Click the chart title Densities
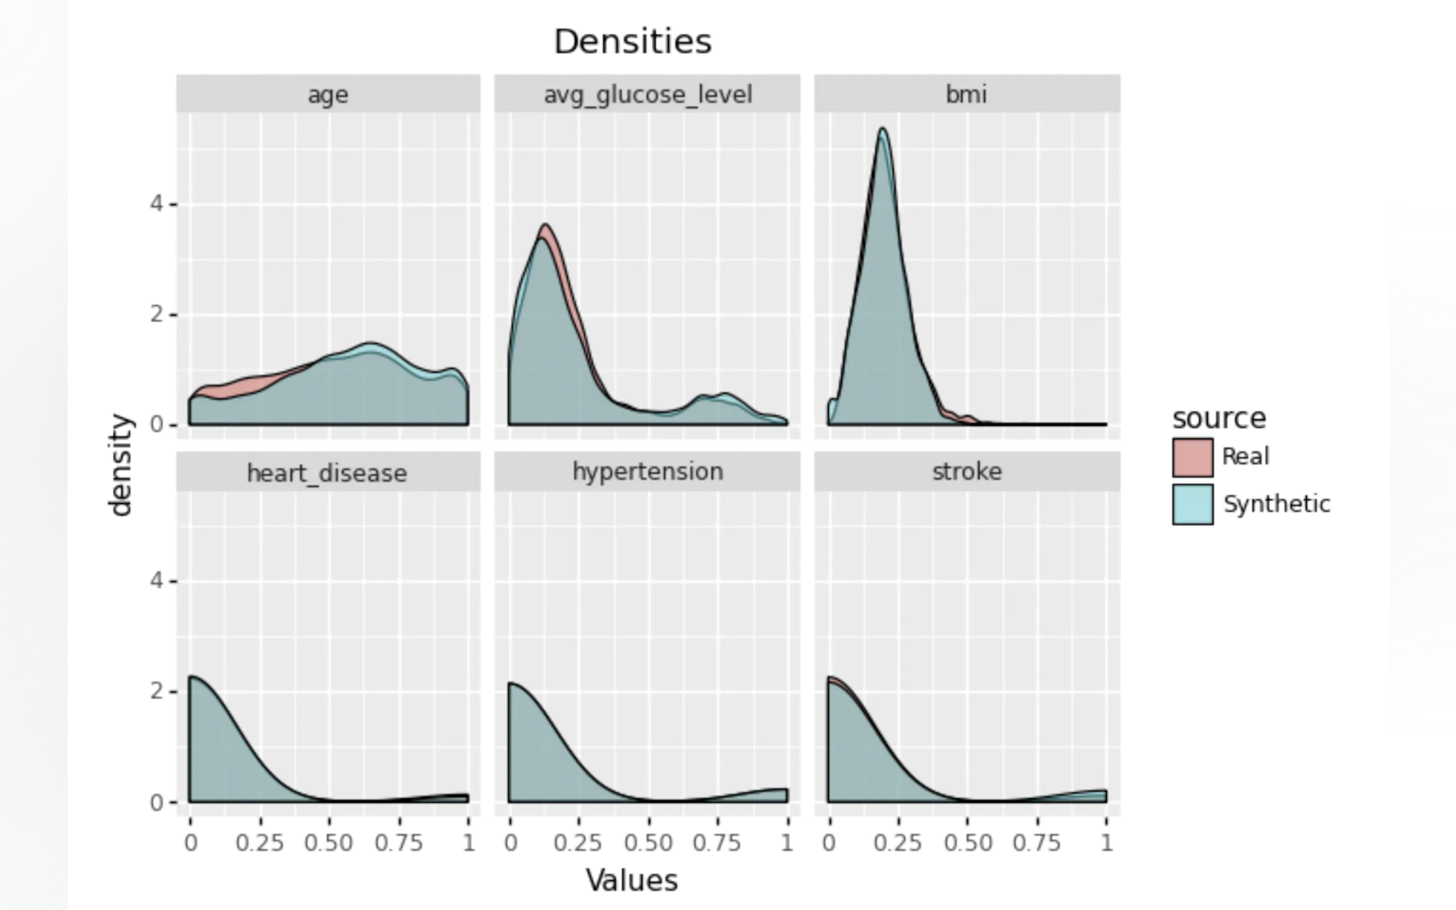[633, 41]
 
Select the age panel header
[328, 95]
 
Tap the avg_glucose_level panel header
[648, 95]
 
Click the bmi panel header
[966, 95]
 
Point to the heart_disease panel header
[327, 473]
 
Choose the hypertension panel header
[648, 472]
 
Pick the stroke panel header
[966, 472]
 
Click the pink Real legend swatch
[1192, 457]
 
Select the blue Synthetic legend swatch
[1192, 504]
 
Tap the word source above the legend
[1220, 418]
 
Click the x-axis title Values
[633, 881]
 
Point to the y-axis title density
[120, 465]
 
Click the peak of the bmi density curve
[883, 130]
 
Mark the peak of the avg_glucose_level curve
[545, 226]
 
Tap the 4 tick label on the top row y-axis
[156, 204]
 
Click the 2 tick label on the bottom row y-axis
[156, 691]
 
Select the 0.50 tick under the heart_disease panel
[328, 842]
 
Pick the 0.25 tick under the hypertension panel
[578, 842]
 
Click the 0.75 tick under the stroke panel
[1036, 842]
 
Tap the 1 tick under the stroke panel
[1105, 842]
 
